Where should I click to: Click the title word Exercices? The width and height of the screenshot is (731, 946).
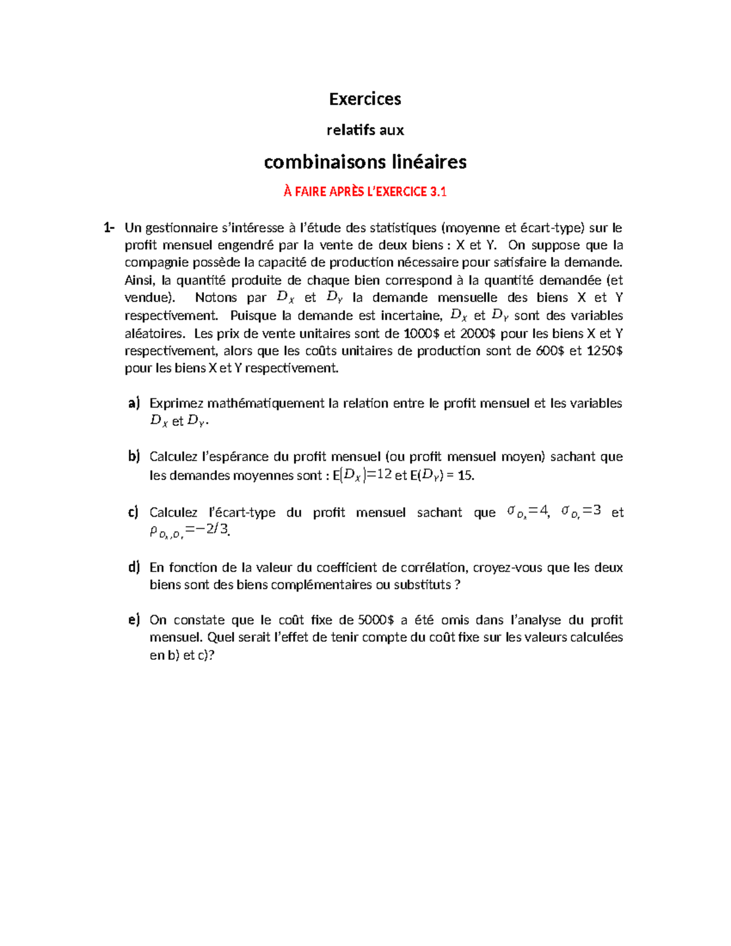[365, 99]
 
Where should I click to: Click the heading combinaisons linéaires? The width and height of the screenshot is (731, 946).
[365, 162]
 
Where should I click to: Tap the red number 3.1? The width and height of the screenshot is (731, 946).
[438, 192]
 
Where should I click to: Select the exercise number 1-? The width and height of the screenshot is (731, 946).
[109, 228]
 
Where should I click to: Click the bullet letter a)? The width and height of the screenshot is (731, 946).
[134, 403]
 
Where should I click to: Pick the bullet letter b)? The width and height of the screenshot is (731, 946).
[134, 456]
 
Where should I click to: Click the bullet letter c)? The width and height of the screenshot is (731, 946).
[133, 512]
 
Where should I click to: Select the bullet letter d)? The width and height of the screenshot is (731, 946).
[134, 567]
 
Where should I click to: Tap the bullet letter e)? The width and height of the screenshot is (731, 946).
[134, 620]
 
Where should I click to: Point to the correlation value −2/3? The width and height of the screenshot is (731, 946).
[213, 529]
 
